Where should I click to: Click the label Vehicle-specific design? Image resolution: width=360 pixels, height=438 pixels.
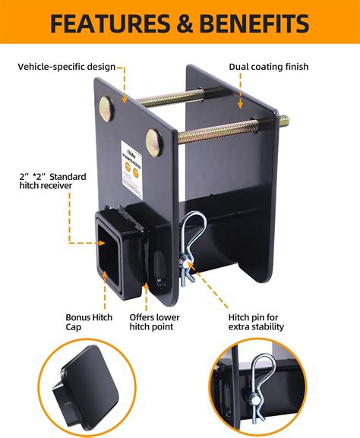point(67,67)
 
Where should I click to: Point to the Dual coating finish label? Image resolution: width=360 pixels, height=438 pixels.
point(270,67)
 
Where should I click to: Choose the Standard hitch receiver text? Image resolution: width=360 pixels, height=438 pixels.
point(53,182)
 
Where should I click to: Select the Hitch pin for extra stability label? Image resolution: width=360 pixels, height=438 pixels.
point(257,320)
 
